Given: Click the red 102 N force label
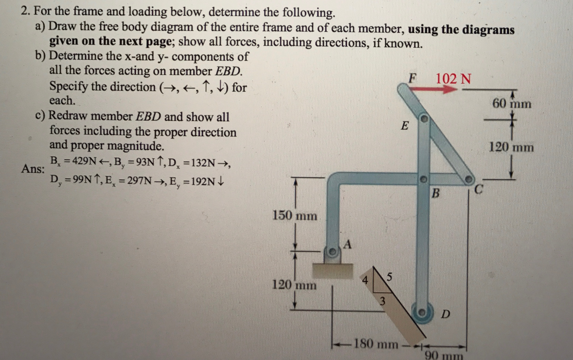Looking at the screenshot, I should (x=453, y=79).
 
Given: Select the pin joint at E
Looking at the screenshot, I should (x=424, y=118).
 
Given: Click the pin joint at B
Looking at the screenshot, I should (x=424, y=179).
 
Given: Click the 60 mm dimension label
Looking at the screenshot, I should (x=512, y=104).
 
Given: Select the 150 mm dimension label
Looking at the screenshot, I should (x=295, y=216).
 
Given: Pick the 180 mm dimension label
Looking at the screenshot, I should (x=376, y=344).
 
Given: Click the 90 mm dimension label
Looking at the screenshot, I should (x=444, y=355).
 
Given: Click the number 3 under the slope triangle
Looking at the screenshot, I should (x=382, y=301).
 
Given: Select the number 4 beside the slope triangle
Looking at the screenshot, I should (x=365, y=280).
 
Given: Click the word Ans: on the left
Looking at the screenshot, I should (x=33, y=169).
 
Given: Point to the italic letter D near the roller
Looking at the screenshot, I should (x=445, y=314).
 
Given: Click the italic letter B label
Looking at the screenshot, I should (x=435, y=193).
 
